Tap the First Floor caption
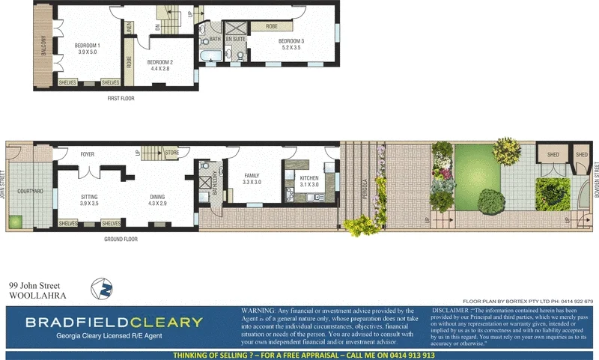click(121, 97)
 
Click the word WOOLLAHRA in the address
click(37, 296)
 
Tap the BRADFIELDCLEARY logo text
click(114, 323)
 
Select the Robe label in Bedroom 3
click(271, 27)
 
